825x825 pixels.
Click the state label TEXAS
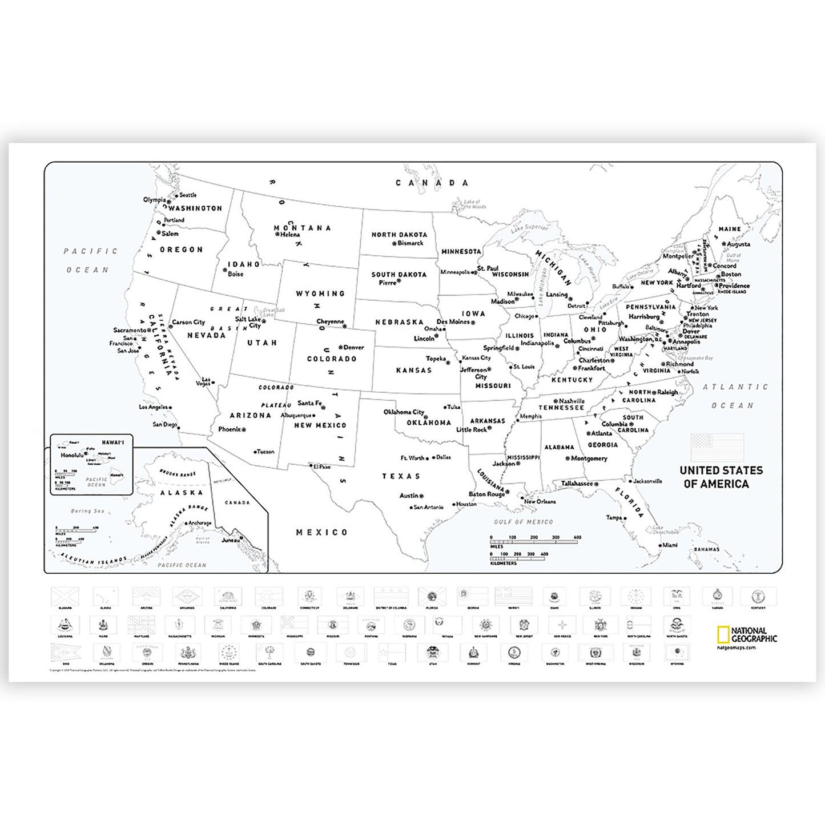click(x=401, y=476)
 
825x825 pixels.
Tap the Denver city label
click(x=353, y=347)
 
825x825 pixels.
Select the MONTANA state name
click(x=302, y=228)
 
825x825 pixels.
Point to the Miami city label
click(x=669, y=545)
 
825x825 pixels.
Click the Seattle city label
click(x=188, y=195)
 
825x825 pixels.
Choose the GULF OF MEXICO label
click(x=523, y=522)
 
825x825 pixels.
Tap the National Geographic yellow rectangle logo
click(x=723, y=635)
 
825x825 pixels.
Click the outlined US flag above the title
click(x=717, y=447)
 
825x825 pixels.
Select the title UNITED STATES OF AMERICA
click(x=721, y=477)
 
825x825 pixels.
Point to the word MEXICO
click(x=321, y=532)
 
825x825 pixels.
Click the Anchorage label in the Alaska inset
click(x=200, y=523)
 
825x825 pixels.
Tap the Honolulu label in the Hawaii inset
click(x=72, y=456)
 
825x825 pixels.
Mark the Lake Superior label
click(x=529, y=227)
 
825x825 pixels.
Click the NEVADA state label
click(x=207, y=335)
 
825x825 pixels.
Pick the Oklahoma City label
click(x=404, y=412)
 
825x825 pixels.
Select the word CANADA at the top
click(x=432, y=183)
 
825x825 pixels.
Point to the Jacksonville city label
click(x=647, y=481)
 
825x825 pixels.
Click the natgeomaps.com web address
click(x=736, y=647)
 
